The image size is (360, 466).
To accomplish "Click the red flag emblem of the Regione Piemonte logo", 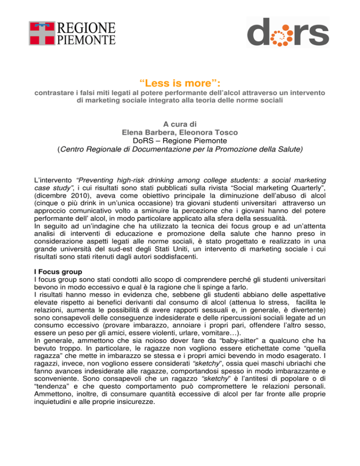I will pos(42,33).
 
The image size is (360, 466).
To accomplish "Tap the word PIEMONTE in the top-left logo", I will pos(86,39).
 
